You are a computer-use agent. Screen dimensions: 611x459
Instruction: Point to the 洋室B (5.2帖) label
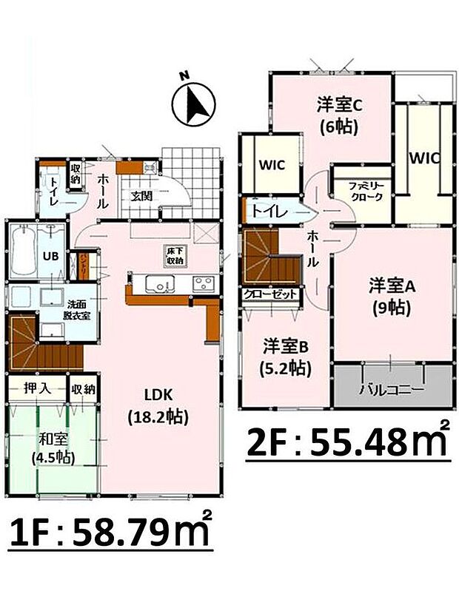click(285, 356)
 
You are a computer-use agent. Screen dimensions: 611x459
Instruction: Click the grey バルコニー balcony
click(392, 389)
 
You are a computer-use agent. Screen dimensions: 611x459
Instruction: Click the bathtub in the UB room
click(22, 252)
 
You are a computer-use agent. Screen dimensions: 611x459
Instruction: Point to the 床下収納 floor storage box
click(173, 255)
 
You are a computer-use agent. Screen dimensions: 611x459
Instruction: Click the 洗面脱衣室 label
click(80, 309)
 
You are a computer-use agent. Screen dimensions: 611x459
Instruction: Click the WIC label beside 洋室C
click(271, 164)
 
